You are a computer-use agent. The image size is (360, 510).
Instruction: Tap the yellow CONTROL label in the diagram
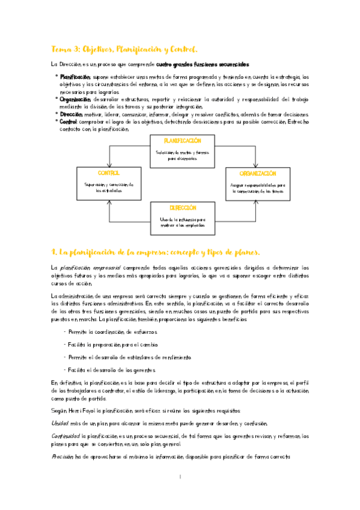(x=108, y=173)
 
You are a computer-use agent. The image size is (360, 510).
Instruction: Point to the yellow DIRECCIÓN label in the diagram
(x=183, y=207)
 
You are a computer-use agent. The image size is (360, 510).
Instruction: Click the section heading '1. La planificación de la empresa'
(x=156, y=251)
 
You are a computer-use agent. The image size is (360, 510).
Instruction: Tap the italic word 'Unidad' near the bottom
(x=61, y=423)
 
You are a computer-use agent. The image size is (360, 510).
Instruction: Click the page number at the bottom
(x=180, y=478)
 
